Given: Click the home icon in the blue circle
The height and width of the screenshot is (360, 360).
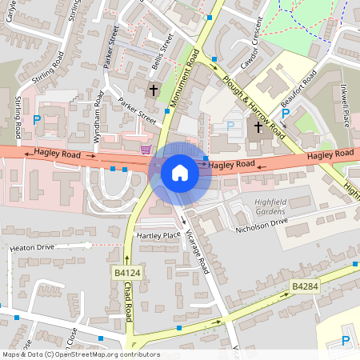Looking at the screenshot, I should [180, 172].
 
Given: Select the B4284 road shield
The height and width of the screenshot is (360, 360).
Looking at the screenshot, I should [305, 286].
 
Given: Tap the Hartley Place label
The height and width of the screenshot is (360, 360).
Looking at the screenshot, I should [158, 236].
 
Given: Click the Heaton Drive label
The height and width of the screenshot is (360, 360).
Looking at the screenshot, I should [32, 248].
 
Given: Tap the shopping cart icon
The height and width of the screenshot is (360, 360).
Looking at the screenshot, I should [146, 149].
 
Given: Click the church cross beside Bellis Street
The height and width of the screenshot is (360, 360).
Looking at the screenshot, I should [153, 90].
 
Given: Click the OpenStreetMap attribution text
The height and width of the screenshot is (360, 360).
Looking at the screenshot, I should [81, 354].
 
